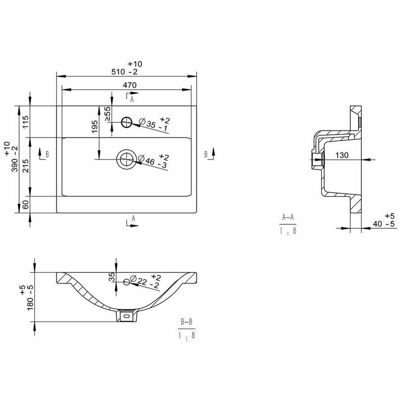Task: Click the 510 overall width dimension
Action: (x=124, y=72)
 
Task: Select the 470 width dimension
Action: (x=130, y=85)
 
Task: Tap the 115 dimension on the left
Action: (x=25, y=122)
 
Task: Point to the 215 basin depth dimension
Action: (x=25, y=166)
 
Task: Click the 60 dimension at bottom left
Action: (x=25, y=205)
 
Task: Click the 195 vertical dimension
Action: (x=95, y=127)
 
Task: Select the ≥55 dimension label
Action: (x=108, y=113)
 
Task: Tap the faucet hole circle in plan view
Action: (x=126, y=122)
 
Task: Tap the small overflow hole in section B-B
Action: (x=127, y=282)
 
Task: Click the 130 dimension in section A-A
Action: (x=342, y=155)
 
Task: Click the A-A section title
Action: (x=288, y=218)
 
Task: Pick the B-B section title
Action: (x=186, y=322)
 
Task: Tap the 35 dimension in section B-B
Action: (x=112, y=277)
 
